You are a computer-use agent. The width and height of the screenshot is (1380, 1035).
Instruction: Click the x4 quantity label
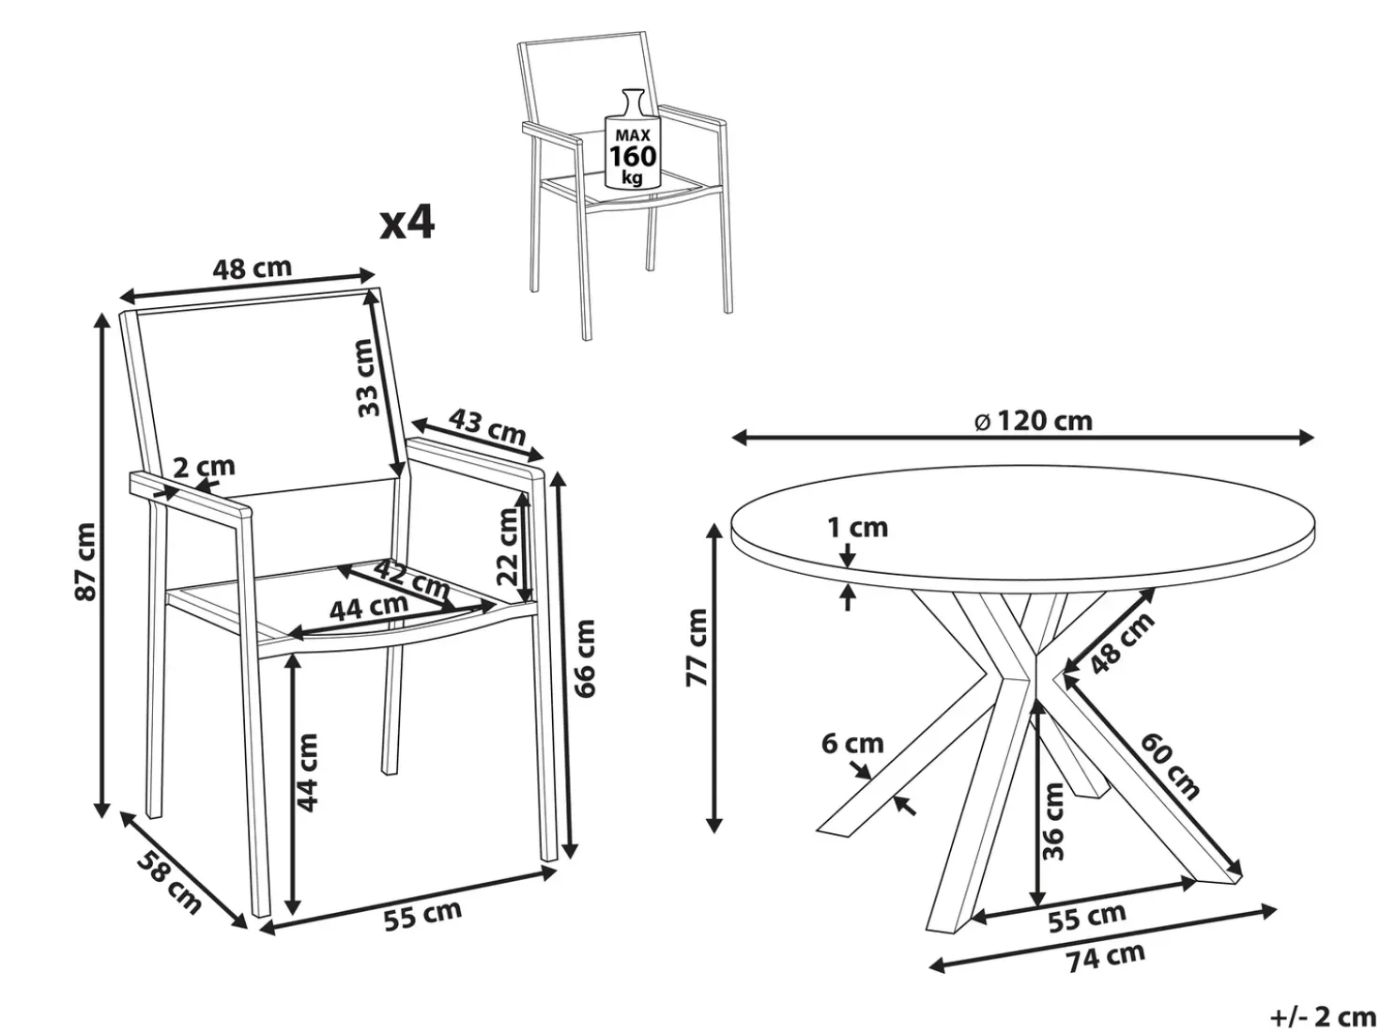407,224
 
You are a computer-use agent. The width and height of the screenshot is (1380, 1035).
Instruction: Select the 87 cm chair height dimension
85,562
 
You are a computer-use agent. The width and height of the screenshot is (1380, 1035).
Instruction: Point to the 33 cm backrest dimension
369,378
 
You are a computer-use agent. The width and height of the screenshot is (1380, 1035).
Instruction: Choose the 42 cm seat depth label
412,579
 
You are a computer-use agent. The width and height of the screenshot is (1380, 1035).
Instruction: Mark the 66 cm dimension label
585,659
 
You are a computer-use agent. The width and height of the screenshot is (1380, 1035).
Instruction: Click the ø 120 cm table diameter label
1034,421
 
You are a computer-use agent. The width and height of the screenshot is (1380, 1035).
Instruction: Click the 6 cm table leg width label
852,744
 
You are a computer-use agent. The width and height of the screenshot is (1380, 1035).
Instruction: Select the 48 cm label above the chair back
253,269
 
